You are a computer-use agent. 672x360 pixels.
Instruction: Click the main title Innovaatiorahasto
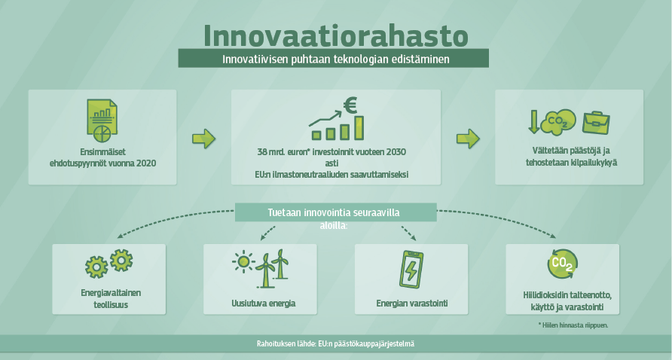[335, 35]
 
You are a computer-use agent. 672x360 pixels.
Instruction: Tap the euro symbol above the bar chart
[350, 105]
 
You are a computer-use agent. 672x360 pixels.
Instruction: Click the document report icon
[102, 121]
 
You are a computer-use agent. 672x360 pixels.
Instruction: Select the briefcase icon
[596, 123]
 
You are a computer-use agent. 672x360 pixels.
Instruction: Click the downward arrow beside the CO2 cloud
[534, 122]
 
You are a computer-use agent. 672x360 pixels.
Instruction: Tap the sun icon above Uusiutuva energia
[243, 261]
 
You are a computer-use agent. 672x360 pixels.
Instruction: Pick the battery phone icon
[411, 270]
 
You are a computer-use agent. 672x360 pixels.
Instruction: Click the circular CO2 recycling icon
[562, 264]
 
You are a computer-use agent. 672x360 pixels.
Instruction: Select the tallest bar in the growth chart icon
[359, 128]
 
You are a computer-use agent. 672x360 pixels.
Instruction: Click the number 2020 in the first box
[146, 163]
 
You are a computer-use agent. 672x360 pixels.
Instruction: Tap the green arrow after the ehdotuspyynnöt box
[203, 139]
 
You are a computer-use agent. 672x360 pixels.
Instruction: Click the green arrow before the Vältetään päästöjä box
[468, 139]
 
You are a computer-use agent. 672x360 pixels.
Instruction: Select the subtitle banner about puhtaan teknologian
[334, 58]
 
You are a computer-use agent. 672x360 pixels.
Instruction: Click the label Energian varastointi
[412, 304]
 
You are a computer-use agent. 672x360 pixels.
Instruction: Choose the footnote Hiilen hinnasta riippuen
[573, 325]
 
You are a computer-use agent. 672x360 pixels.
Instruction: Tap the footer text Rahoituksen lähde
[335, 343]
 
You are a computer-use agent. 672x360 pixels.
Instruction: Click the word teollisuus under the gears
[111, 305]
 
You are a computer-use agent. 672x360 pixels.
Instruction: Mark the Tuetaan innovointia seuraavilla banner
[335, 213]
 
